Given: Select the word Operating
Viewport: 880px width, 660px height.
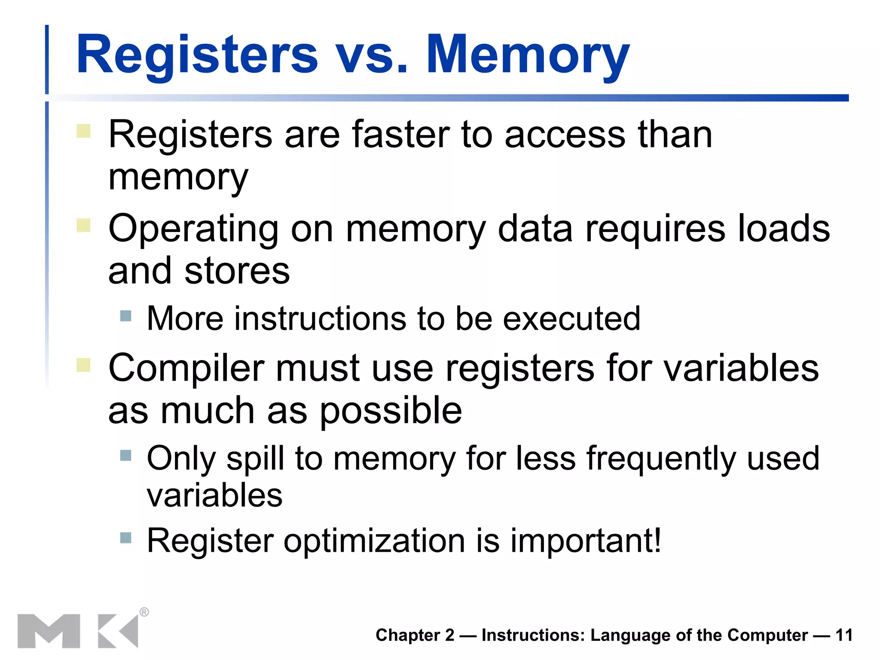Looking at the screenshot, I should (x=193, y=229).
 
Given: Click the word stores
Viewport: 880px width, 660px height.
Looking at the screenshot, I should (x=237, y=271).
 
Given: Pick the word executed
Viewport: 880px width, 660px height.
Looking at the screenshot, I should (x=571, y=318).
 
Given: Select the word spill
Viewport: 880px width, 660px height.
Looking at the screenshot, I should (x=255, y=459).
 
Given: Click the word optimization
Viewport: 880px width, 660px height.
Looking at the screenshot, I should (x=374, y=541).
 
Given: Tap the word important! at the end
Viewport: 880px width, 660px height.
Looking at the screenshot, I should (x=586, y=541).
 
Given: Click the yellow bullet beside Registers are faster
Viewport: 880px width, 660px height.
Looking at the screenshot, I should (x=83, y=131).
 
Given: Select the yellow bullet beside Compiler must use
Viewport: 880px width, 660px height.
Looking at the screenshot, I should (x=83, y=365).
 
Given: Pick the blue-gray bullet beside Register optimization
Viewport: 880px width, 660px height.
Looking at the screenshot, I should (x=125, y=538).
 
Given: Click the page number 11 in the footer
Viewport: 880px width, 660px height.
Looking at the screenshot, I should (x=844, y=635).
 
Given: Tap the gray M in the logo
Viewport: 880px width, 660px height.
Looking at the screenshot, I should (x=49, y=631).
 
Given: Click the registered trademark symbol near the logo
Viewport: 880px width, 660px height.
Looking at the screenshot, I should (x=144, y=612).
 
